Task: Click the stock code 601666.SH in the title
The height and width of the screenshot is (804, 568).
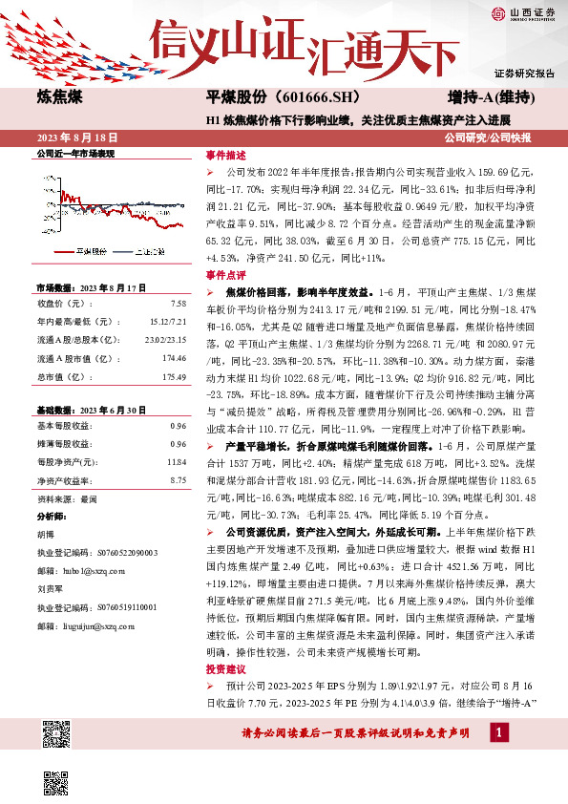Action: [x=298, y=97]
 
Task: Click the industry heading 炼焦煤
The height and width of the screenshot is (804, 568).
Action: [x=58, y=97]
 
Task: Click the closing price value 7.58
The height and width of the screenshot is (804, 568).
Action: [x=179, y=304]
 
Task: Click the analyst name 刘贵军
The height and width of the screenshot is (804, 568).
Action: [x=48, y=589]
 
